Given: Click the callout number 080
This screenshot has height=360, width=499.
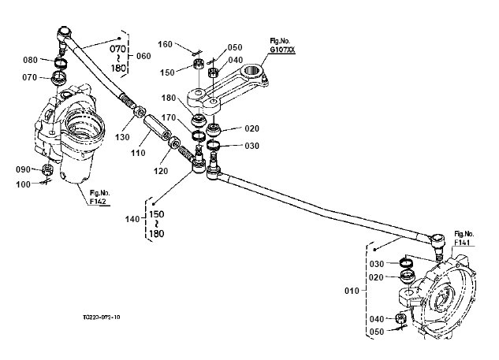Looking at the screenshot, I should point(31,60).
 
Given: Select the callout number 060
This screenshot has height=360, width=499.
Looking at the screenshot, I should point(143,56).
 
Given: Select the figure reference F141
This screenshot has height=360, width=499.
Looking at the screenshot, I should point(463,239).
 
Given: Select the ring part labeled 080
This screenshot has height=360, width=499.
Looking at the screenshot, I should point(60,62).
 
